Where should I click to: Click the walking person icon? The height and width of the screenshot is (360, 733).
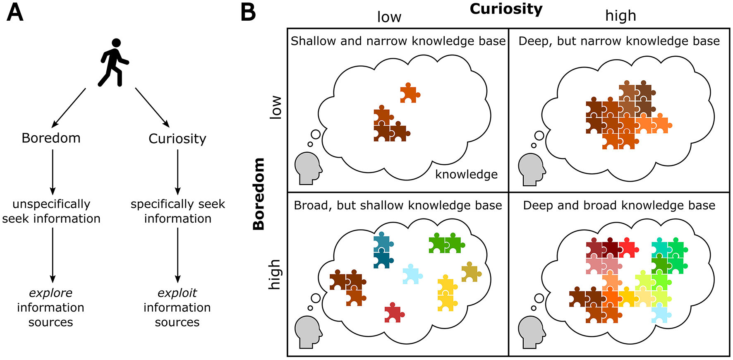pos(114,62)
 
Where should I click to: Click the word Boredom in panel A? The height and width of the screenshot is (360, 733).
pos(51,138)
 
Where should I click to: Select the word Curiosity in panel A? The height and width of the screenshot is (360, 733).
pos(177,139)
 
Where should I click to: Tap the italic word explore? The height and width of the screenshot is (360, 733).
pos(50,293)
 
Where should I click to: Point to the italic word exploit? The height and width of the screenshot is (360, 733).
pos(177,293)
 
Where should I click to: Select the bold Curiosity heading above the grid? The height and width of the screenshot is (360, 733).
pos(506,9)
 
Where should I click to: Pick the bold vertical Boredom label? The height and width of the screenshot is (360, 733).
pos(259,194)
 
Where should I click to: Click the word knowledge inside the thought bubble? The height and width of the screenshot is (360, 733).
pos(466,174)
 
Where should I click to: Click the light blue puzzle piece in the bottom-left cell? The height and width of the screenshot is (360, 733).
pos(412,274)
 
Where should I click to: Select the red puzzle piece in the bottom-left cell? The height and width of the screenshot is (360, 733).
pos(393,313)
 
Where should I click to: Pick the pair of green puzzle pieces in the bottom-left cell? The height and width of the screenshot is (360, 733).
pos(446,244)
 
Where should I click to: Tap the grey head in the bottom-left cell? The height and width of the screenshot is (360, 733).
pos(308,331)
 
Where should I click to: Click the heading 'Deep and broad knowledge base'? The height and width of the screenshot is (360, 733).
pos(619,205)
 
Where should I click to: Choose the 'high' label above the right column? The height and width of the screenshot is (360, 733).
pos(620,16)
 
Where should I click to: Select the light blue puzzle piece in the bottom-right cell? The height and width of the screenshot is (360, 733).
pos(660,314)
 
